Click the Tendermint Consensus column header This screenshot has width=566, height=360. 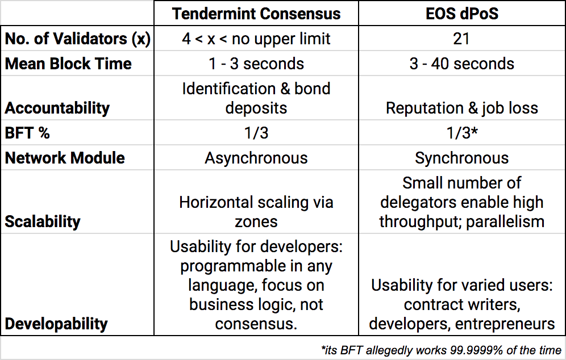(x=256, y=14)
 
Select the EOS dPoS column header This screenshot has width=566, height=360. (x=462, y=14)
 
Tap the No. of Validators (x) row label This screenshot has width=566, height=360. (x=78, y=39)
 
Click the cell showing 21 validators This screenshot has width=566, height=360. (x=461, y=39)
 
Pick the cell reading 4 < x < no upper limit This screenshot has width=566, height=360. (x=256, y=39)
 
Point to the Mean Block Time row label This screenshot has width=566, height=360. (x=68, y=64)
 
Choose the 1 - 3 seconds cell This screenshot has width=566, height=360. (x=256, y=64)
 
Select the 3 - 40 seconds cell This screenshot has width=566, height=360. (x=461, y=64)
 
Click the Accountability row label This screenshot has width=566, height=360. (x=57, y=108)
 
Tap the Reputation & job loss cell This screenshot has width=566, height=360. (x=461, y=108)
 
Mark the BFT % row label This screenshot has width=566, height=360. (x=27, y=133)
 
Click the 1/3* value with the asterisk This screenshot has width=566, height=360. (x=462, y=133)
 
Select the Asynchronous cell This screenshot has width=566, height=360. (x=256, y=158)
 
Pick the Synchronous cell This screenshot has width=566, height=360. (x=461, y=158)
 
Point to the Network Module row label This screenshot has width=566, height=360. (x=65, y=158)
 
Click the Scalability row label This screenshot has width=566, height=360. (x=43, y=221)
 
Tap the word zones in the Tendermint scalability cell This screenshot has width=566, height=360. (x=256, y=222)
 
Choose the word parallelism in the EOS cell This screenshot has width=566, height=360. (x=505, y=221)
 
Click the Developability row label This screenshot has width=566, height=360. (x=56, y=324)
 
